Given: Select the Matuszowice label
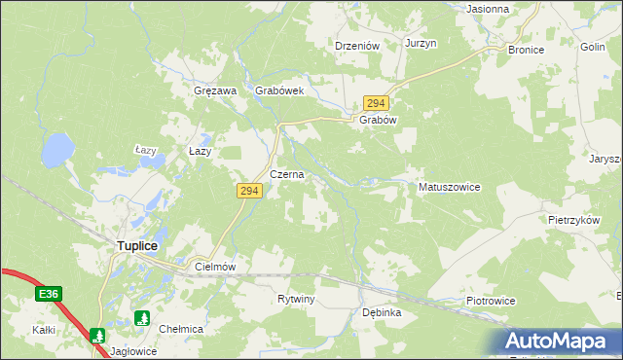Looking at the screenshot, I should pyautogui.click(x=449, y=186).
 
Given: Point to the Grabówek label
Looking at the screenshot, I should pyautogui.click(x=280, y=90).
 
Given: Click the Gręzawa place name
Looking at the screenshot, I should pyautogui.click(x=216, y=90).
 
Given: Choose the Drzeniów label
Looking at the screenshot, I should pyautogui.click(x=356, y=45).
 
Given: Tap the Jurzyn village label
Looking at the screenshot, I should pyautogui.click(x=421, y=45).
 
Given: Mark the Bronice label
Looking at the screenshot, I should pyautogui.click(x=526, y=49).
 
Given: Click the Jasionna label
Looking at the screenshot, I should pyautogui.click(x=489, y=9).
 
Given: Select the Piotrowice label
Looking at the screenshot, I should pyautogui.click(x=490, y=301).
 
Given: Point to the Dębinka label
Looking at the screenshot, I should pyautogui.click(x=382, y=312).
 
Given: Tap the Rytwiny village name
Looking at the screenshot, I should pyautogui.click(x=296, y=299).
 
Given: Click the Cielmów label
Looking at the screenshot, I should pyautogui.click(x=216, y=266).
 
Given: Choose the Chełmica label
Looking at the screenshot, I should pyautogui.click(x=181, y=329).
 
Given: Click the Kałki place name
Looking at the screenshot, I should pyautogui.click(x=43, y=331).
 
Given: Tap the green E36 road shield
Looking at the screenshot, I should pyautogui.click(x=50, y=293).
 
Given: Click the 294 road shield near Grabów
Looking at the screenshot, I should pyautogui.click(x=377, y=103).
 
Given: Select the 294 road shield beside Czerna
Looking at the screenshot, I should pyautogui.click(x=247, y=192).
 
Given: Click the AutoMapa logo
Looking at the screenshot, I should pyautogui.click(x=559, y=342).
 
